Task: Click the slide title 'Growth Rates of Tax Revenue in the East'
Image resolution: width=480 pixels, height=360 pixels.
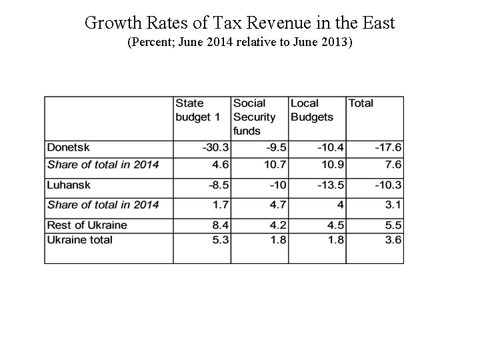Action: tap(240, 23)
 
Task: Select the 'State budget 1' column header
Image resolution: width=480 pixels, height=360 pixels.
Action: tap(197, 110)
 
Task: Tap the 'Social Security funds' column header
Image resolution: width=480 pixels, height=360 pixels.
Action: tap(254, 117)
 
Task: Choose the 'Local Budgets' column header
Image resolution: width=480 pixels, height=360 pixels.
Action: tap(311, 110)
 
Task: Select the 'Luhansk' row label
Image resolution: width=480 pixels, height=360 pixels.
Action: tap(69, 185)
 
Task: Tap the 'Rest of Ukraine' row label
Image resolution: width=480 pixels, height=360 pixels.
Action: tap(87, 225)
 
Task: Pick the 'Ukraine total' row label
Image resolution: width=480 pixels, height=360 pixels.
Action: tap(79, 240)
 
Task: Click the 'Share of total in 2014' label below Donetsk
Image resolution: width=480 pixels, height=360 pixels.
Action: tap(103, 165)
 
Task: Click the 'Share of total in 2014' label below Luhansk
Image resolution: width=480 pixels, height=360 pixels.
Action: tap(103, 205)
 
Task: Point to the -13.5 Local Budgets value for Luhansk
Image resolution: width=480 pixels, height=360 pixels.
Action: tap(330, 185)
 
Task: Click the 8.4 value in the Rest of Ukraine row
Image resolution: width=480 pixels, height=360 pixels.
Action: tap(221, 225)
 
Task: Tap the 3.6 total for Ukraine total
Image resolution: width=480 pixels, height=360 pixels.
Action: tap(393, 240)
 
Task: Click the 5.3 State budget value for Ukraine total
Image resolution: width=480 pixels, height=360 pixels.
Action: tap(221, 240)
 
